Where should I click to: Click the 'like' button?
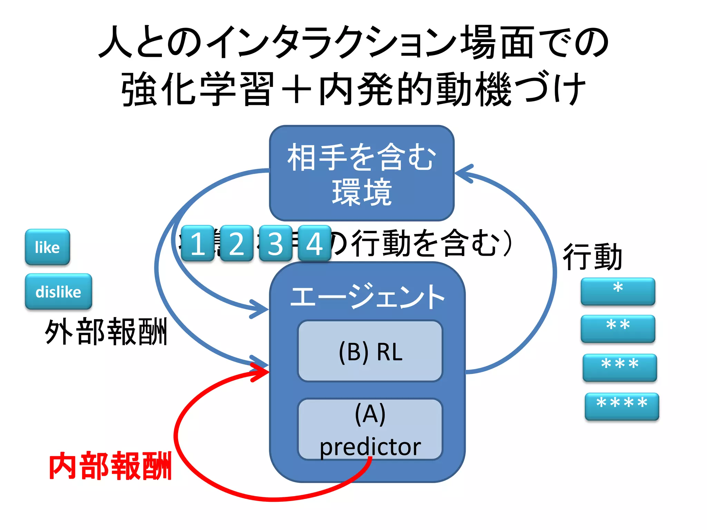click(47, 247)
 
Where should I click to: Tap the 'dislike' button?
click(58, 292)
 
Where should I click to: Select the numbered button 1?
click(198, 243)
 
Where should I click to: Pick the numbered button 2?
click(236, 243)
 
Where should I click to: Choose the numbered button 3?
click(275, 243)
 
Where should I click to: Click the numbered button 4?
click(314, 243)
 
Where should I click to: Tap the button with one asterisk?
click(618, 291)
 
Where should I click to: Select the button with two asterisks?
click(618, 328)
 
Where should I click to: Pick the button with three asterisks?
click(620, 367)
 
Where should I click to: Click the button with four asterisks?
click(622, 406)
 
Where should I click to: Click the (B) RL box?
click(370, 351)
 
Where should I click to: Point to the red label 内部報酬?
click(110, 466)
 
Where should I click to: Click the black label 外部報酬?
click(106, 332)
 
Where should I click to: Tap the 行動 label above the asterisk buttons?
click(592, 257)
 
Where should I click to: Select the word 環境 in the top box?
click(362, 193)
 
